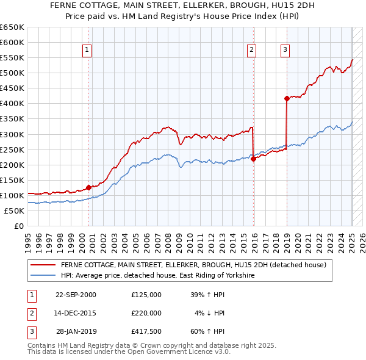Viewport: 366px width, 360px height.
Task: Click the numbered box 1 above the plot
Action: point(87,51)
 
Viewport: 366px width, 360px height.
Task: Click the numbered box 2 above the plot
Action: point(252,51)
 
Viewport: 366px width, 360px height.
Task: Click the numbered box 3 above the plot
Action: point(285,51)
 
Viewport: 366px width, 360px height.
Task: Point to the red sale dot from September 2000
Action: point(88,187)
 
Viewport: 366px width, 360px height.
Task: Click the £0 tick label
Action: point(18,226)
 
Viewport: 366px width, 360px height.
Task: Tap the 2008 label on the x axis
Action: point(172,238)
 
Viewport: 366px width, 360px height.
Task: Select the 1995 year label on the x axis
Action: point(28,238)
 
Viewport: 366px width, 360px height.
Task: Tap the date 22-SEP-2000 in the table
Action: point(76,294)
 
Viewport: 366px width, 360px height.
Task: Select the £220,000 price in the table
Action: point(146,313)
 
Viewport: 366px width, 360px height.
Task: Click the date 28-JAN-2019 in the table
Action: point(76,331)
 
